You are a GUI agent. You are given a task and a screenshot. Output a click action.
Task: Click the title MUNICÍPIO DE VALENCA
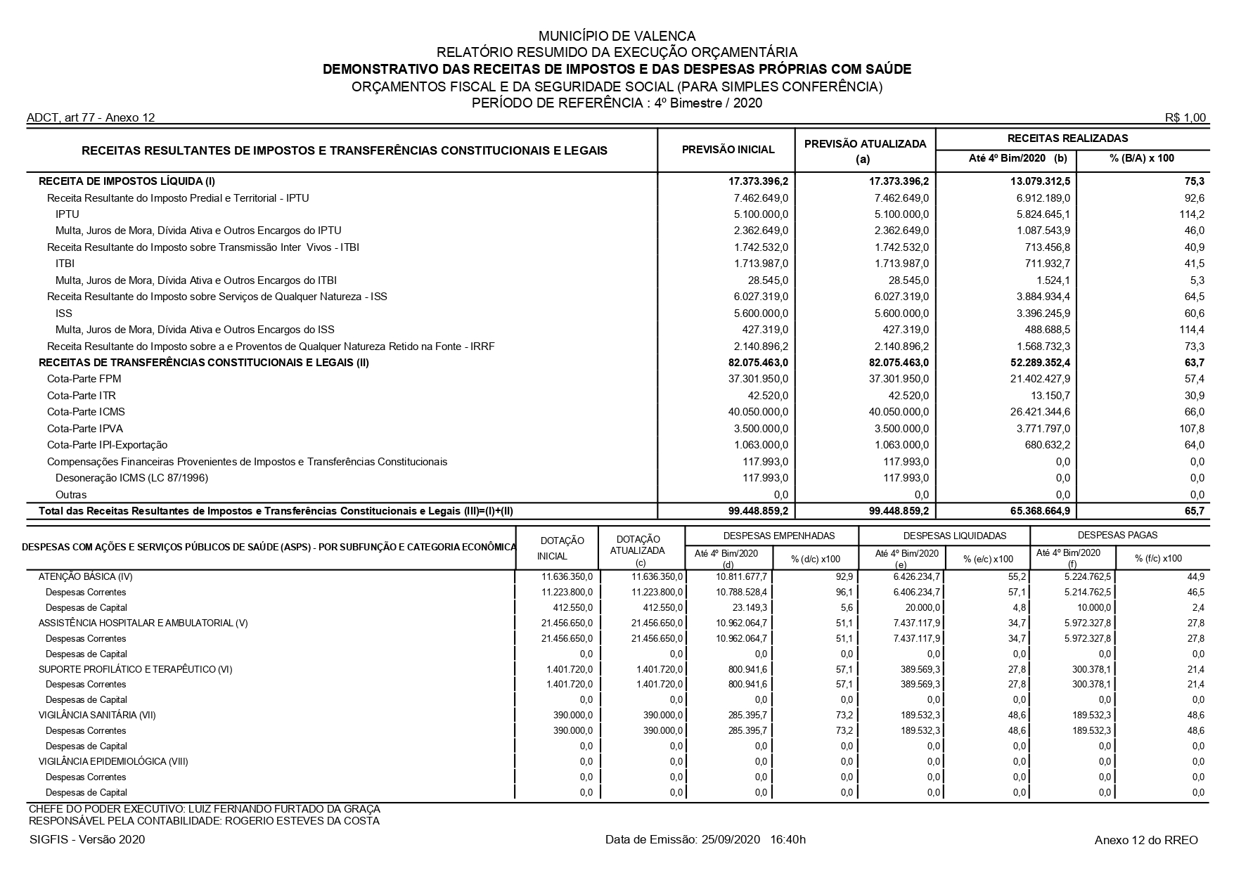click(617, 36)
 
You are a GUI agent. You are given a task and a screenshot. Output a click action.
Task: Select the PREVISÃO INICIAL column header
click(728, 150)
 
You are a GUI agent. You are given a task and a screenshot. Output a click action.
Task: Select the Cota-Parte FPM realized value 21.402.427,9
click(1036, 379)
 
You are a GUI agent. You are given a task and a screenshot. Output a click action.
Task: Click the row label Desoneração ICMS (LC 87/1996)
click(132, 478)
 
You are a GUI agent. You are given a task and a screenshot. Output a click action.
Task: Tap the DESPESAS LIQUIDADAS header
click(944, 536)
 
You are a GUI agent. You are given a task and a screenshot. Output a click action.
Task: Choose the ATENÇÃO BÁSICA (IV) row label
click(85, 577)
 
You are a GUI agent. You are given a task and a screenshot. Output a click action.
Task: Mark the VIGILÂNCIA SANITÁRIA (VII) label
click(97, 716)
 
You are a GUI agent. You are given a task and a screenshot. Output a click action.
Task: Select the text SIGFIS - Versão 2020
click(87, 840)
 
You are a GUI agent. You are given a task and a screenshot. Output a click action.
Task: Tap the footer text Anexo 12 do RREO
click(1146, 840)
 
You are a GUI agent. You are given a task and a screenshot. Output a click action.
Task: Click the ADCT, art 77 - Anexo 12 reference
click(91, 118)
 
